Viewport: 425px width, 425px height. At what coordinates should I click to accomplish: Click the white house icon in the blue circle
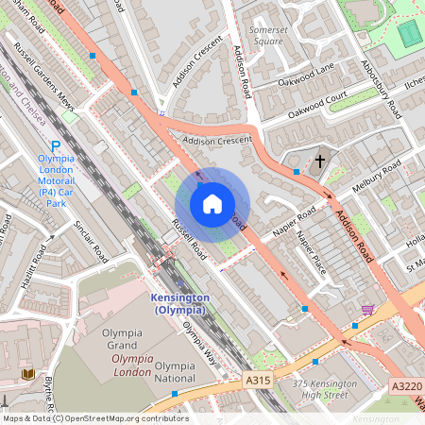[212, 204]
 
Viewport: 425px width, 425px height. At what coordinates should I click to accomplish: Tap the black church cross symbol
[319, 161]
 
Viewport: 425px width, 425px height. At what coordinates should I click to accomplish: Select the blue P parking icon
[55, 146]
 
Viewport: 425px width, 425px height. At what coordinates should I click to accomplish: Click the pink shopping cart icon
[367, 310]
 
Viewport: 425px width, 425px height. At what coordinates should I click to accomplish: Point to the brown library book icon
[27, 375]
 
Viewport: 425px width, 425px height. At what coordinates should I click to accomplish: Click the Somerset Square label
[265, 36]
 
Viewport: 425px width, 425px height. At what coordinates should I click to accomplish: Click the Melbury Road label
[375, 178]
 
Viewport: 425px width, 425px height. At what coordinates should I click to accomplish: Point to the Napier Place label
[311, 253]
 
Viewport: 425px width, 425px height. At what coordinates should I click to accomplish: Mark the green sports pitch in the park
[408, 33]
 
